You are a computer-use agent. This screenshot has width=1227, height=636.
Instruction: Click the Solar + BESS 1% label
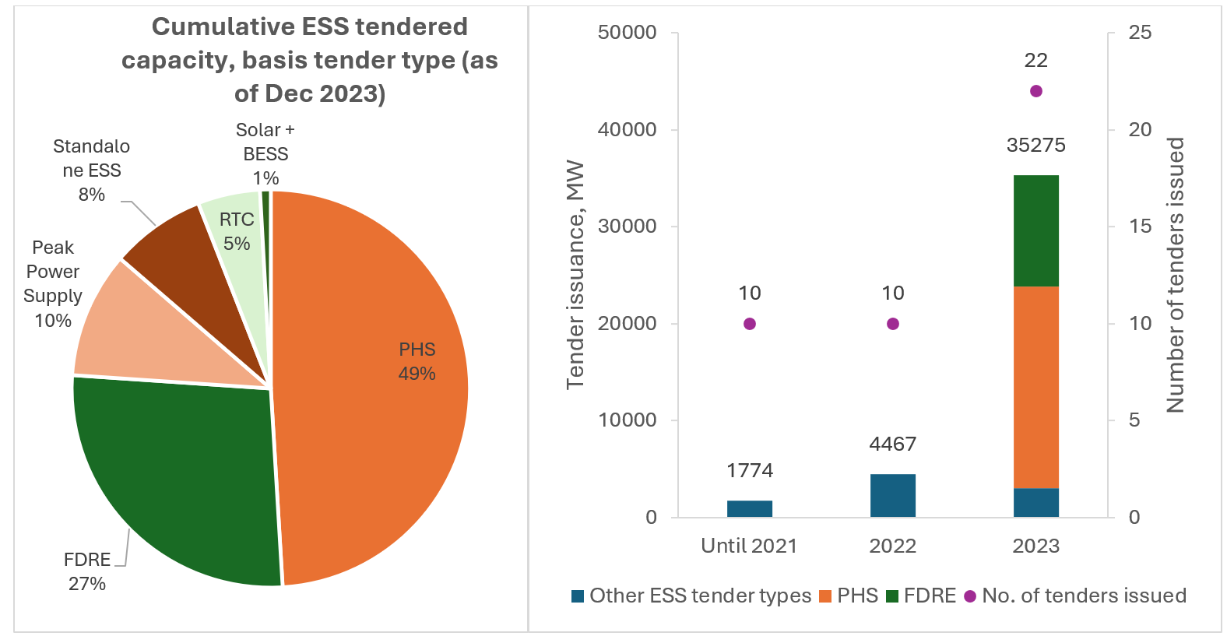[x=265, y=154]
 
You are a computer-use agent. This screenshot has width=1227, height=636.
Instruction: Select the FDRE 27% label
[x=87, y=571]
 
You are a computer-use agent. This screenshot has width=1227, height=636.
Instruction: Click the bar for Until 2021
[x=749, y=509]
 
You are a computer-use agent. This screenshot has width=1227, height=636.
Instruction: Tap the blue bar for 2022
[x=892, y=495]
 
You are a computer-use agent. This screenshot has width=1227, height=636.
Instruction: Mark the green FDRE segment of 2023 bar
[x=1035, y=231]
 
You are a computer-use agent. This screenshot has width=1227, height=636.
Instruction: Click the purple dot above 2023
[x=1035, y=91]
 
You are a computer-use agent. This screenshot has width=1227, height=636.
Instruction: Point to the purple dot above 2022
[x=892, y=324]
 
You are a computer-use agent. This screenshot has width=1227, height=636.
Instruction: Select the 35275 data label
[x=1035, y=146]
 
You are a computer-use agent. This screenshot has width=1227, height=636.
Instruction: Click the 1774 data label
[x=749, y=470]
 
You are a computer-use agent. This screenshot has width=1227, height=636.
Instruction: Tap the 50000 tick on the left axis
[x=627, y=33]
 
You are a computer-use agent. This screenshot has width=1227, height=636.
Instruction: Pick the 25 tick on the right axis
[x=1140, y=33]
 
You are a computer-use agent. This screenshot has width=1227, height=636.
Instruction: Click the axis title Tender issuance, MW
[x=575, y=274]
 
